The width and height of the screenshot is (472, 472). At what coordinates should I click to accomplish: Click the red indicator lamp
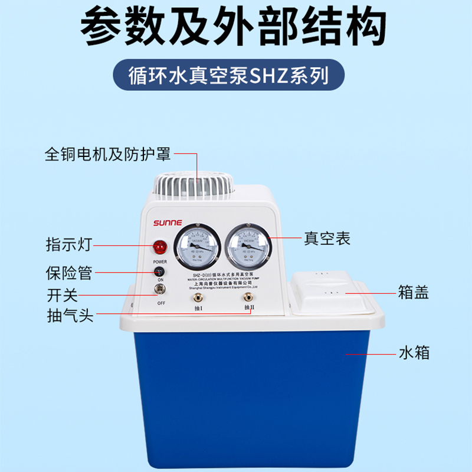point(159,247)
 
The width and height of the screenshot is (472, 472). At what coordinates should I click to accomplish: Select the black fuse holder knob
point(159,271)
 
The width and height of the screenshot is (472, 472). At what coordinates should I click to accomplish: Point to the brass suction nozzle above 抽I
point(197,295)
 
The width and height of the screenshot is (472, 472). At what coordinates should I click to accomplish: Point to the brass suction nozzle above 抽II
point(248,295)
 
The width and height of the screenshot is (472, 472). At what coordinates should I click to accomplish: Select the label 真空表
point(327,238)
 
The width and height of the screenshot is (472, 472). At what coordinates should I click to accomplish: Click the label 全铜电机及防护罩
point(108,154)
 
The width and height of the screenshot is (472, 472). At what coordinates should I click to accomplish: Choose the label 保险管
point(68,273)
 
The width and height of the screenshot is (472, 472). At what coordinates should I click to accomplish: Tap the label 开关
point(62,294)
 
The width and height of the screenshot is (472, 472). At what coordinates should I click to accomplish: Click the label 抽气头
point(70,314)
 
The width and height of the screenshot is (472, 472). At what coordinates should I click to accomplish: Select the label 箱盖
point(413,293)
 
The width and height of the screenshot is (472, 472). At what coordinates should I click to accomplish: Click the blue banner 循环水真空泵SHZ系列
point(236,77)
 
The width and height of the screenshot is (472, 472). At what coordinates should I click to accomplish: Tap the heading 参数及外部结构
point(236,27)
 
